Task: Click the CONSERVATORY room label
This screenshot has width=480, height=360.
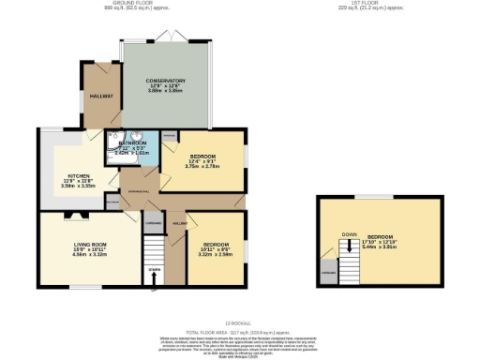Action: [166, 81]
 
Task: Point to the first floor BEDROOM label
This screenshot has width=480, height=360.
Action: [380, 236]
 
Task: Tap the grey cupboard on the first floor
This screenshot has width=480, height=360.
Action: [328, 273]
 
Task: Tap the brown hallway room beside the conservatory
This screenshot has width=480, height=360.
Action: [101, 96]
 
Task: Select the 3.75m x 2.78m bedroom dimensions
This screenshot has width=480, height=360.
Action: [202, 166]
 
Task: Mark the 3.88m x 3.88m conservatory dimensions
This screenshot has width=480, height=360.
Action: [166, 91]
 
